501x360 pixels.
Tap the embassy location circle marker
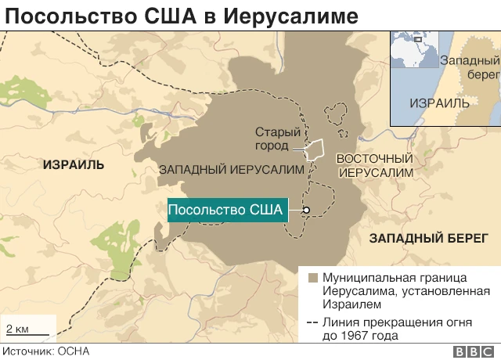(x=307, y=210)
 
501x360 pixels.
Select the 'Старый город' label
(x=278, y=139)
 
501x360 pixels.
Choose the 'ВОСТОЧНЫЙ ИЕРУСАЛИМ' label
(x=374, y=164)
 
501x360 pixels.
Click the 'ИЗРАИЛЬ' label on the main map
(x=74, y=164)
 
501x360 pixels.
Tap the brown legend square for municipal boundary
(x=312, y=278)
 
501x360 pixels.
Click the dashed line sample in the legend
(x=312, y=322)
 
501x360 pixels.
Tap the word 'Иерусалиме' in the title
(x=275, y=15)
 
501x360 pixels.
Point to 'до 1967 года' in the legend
(x=359, y=336)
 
